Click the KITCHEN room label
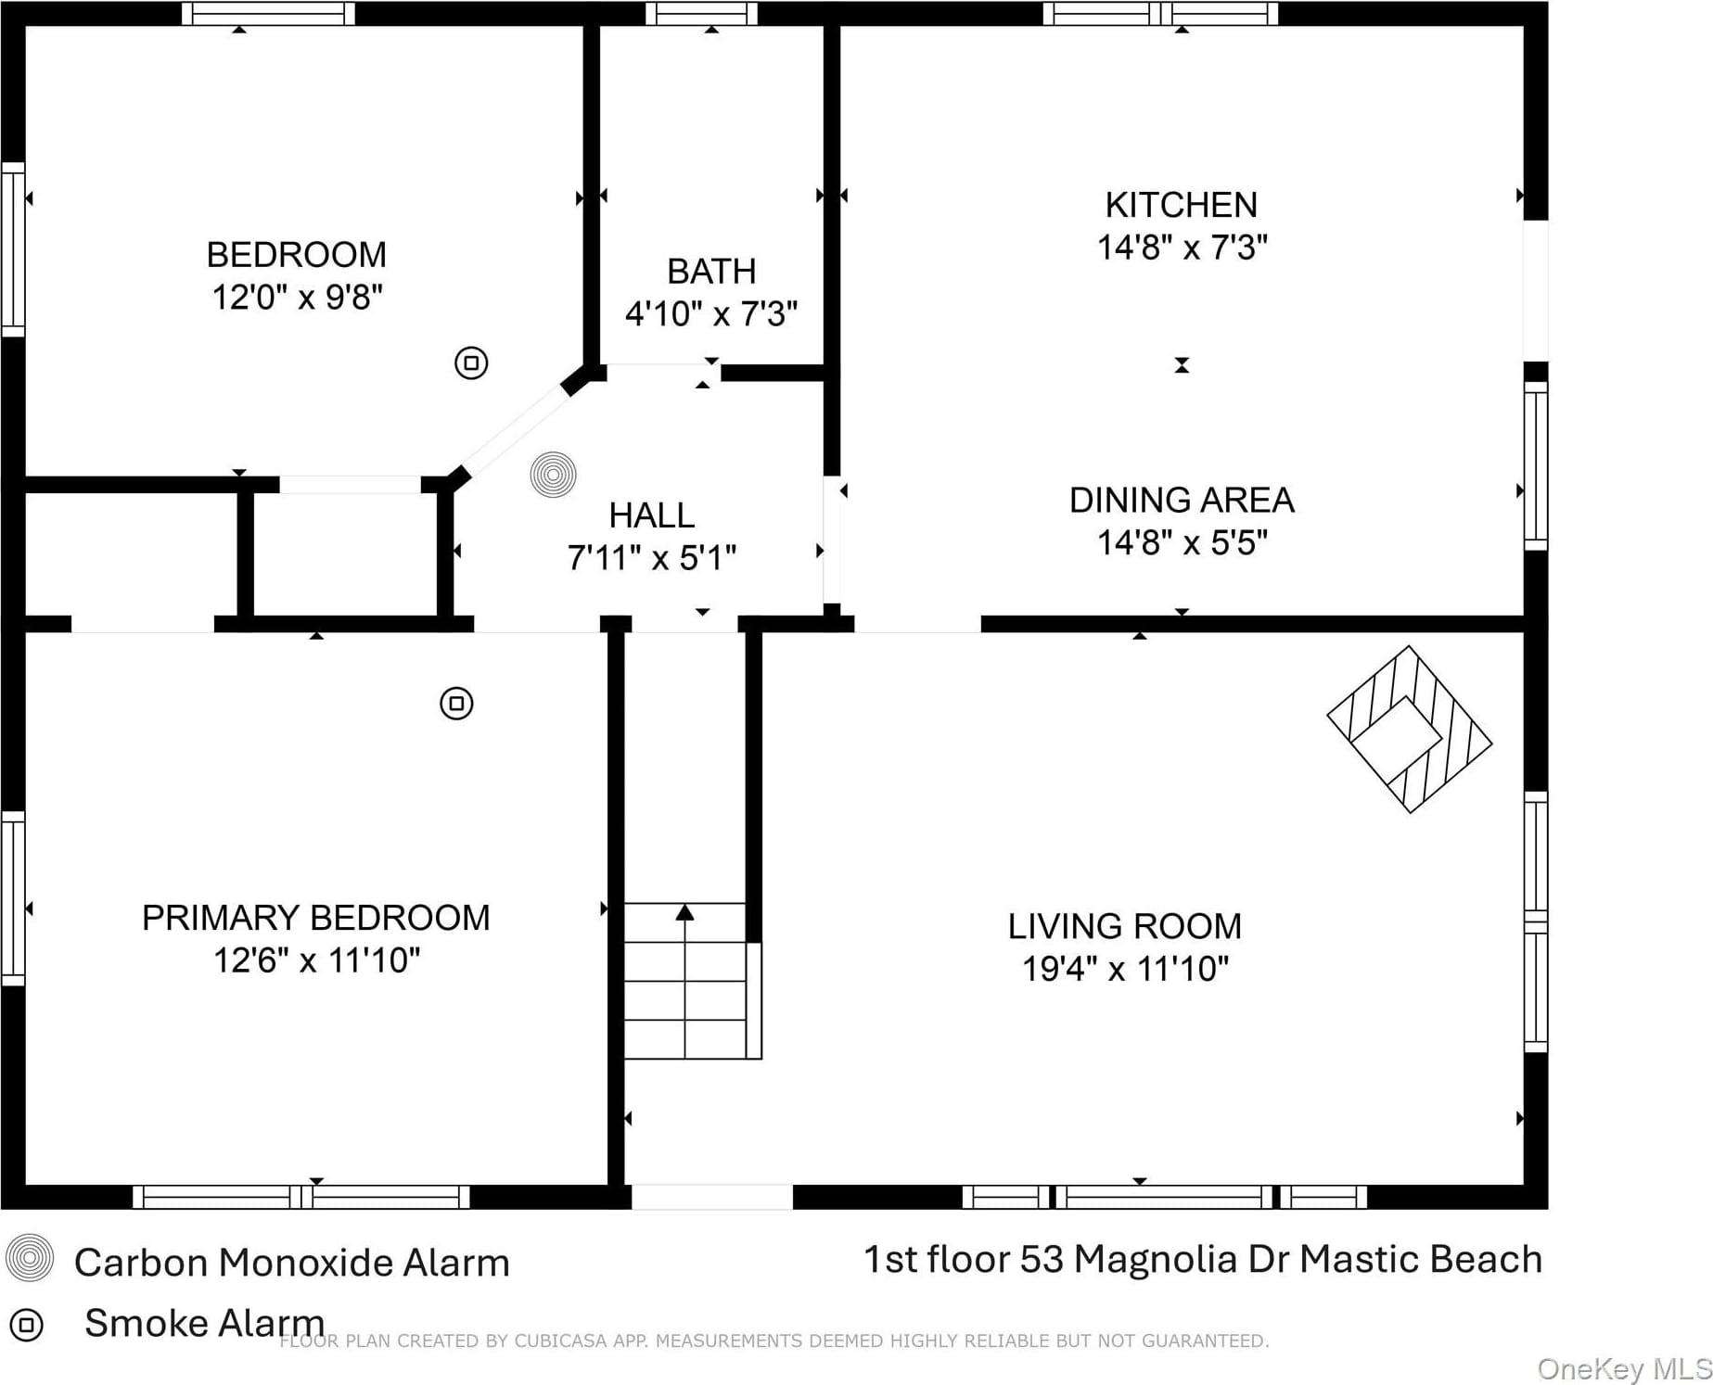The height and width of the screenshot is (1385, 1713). click(1181, 205)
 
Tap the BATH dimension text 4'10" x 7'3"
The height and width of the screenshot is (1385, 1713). click(711, 314)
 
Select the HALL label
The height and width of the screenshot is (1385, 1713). click(651, 515)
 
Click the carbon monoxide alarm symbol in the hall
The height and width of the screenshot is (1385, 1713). click(554, 475)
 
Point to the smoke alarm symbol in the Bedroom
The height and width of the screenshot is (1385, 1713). click(471, 362)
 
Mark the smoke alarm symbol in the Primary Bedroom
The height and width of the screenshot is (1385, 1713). click(456, 704)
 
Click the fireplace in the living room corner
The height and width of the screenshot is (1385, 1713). click(1410, 730)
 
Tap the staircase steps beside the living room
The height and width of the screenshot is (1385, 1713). click(685, 981)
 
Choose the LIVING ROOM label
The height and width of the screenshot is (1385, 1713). click(1124, 926)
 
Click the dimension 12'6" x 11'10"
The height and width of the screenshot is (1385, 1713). click(316, 960)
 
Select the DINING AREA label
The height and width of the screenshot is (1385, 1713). click(1181, 501)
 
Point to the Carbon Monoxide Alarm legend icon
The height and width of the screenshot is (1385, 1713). click(30, 1258)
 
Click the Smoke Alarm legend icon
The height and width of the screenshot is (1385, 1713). click(26, 1325)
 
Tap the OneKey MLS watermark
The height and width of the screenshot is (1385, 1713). click(1624, 1369)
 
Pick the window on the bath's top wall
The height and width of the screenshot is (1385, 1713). click(701, 13)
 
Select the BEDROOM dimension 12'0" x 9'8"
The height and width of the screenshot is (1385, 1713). click(297, 298)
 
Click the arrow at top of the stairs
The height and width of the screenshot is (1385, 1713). click(685, 912)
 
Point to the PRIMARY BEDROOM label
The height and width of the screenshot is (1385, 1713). click(316, 918)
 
